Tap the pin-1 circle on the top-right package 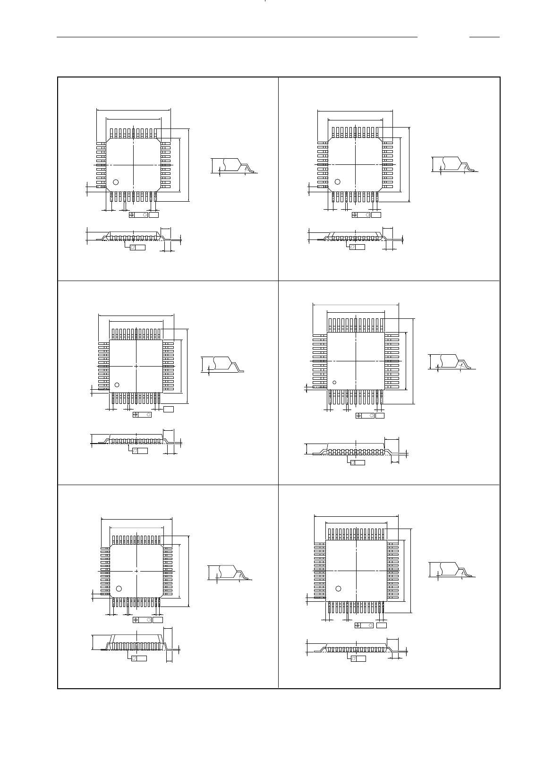(338, 181)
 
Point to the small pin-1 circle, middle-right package (335, 382)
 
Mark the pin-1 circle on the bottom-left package (119, 588)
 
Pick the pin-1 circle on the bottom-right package (338, 588)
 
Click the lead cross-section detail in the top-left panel (234, 166)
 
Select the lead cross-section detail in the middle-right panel (451, 361)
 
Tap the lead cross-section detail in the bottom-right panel (451, 569)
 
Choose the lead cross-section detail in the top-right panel (454, 164)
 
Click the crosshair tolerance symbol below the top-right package (355, 215)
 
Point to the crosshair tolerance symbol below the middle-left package (136, 415)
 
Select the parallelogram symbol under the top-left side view (133, 247)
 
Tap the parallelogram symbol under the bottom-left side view (134, 658)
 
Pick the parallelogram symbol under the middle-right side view (353, 462)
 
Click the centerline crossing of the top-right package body (355, 164)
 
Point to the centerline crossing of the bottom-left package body (137, 571)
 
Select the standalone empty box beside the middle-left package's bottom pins (169, 409)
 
